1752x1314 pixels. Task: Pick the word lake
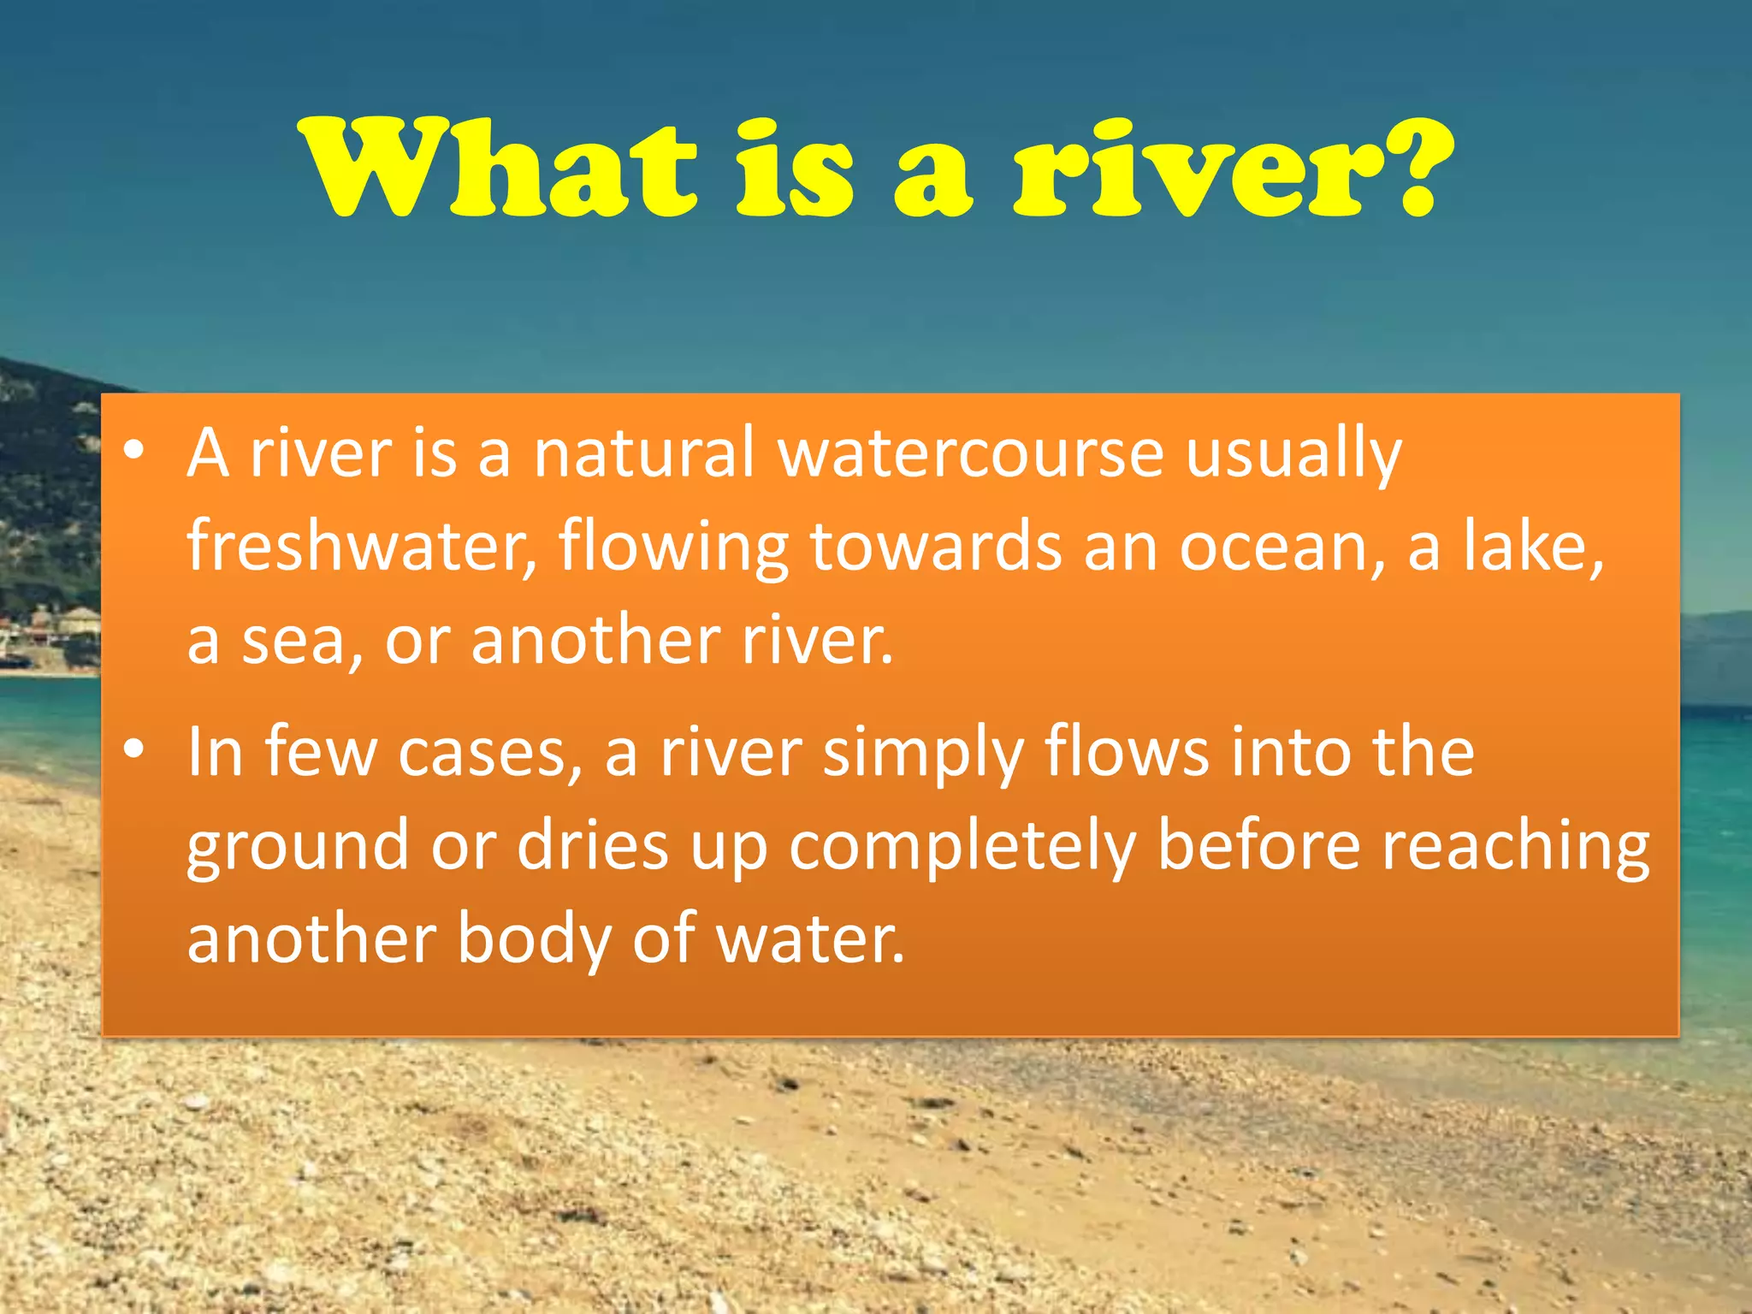[x=1531, y=547]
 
